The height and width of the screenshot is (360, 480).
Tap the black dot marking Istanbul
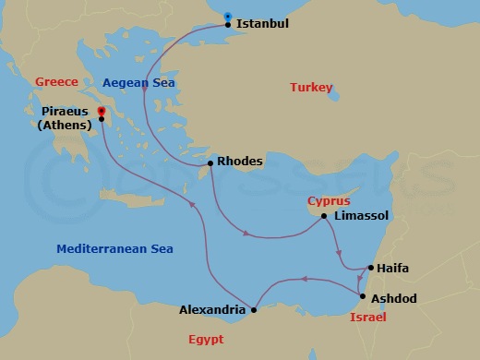(229, 25)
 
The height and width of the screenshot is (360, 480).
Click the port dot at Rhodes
(211, 163)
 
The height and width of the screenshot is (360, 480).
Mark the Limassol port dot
(324, 217)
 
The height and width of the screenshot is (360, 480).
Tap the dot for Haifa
(369, 269)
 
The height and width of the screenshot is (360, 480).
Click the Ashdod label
(394, 299)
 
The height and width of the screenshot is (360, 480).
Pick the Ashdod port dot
(362, 295)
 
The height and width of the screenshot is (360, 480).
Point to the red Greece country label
(56, 81)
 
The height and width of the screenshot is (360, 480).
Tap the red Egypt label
(206, 339)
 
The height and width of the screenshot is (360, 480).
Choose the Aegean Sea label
(139, 83)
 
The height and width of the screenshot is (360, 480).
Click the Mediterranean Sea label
(114, 248)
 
